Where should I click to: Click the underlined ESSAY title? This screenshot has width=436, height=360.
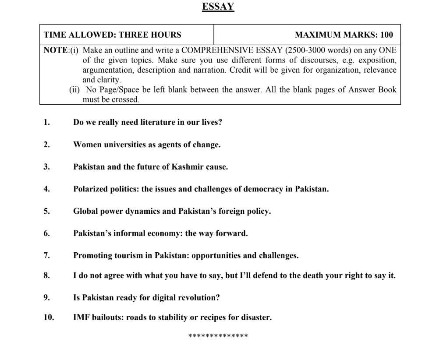tap(218, 7)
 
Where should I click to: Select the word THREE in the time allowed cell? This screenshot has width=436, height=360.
tap(135, 35)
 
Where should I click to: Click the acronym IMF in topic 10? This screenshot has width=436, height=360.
tap(82, 318)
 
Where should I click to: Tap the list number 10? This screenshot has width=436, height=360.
tap(48, 318)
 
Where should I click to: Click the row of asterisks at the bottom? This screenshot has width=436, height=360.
tap(218, 336)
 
